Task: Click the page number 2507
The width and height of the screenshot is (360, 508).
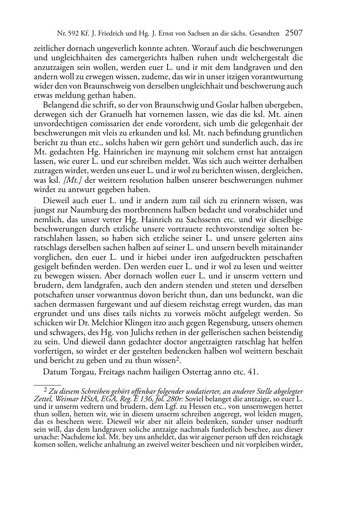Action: click(x=293, y=34)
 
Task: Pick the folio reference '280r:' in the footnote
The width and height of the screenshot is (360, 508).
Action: click(x=175, y=399)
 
